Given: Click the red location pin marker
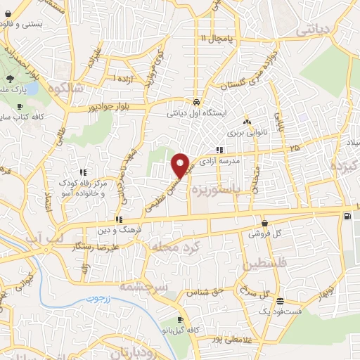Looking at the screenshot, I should tap(181, 165).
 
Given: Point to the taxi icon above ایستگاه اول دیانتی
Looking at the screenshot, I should tap(196, 101).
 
